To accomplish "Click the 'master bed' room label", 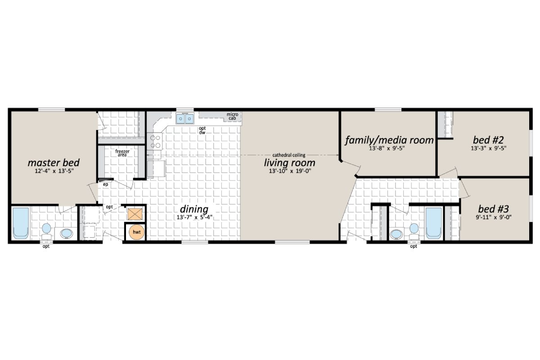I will point(54,162).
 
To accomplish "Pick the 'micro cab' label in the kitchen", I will point(232,117).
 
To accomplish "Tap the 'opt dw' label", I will point(202,130).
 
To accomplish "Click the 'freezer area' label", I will point(122,153).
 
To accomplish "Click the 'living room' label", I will point(289,162).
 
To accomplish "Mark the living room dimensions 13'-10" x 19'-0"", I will point(289,171).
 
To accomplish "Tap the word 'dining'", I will point(194,209).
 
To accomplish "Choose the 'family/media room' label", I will point(389,140).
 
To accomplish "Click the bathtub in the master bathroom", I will point(21,222).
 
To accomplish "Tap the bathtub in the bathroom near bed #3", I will point(433,222).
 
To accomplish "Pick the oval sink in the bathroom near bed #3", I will point(396,234).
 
